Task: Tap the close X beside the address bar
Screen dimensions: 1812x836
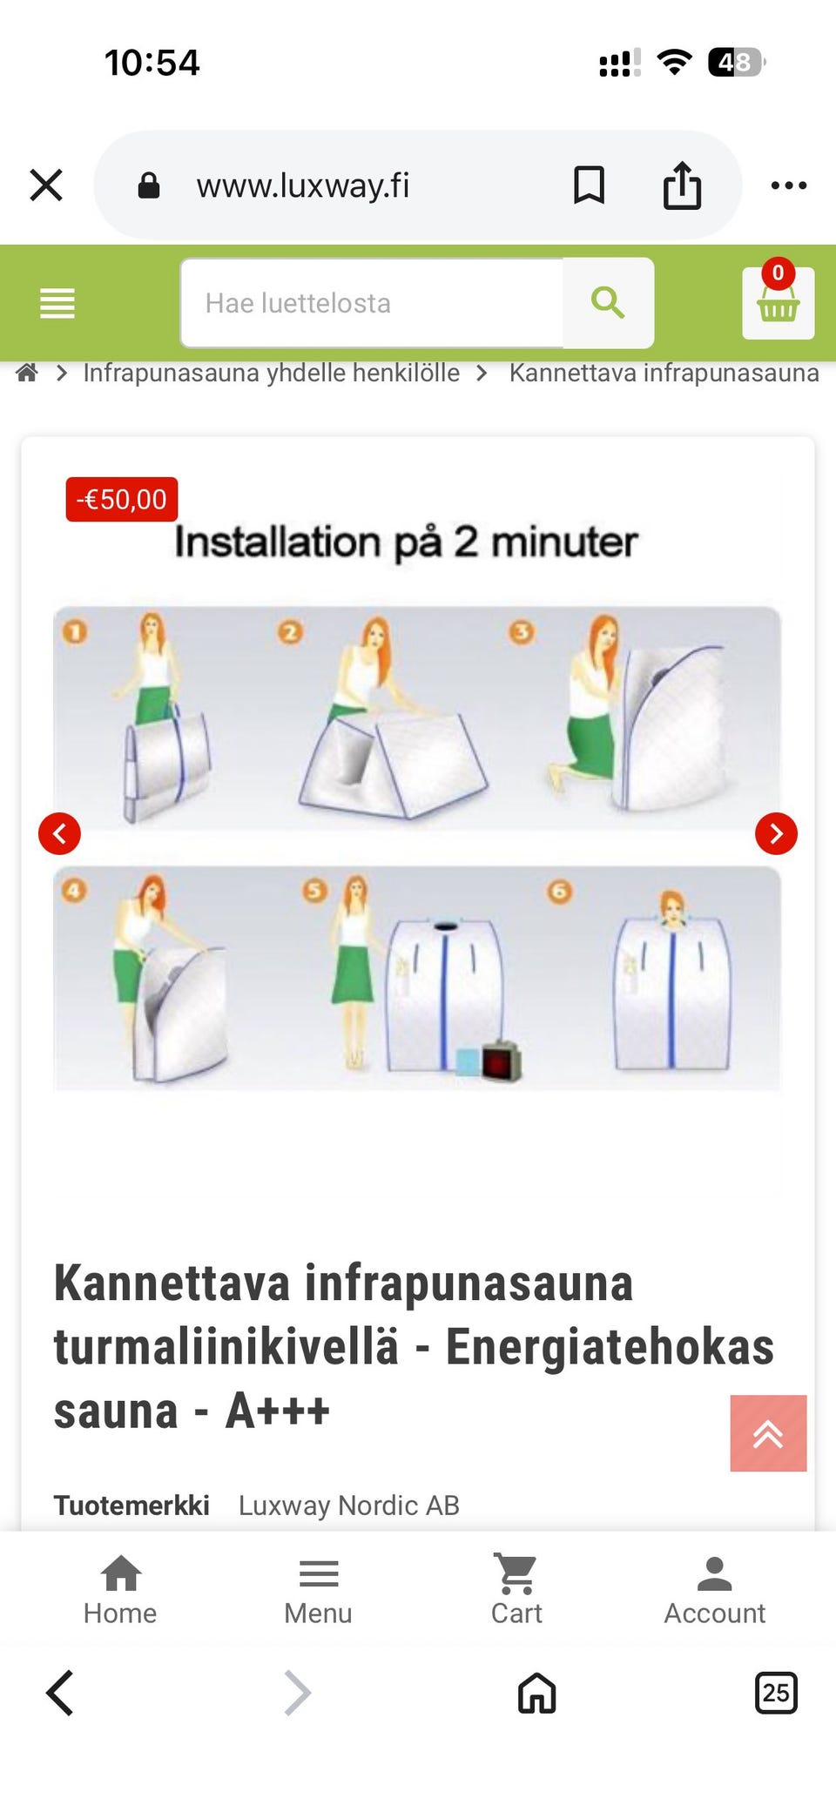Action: (x=46, y=185)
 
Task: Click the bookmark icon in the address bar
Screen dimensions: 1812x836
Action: (x=589, y=185)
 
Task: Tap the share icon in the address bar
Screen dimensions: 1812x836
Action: (x=682, y=185)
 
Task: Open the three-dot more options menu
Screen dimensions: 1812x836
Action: (x=789, y=185)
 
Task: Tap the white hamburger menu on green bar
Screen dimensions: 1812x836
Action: (x=57, y=303)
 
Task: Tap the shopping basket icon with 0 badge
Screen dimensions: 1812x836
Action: (x=778, y=302)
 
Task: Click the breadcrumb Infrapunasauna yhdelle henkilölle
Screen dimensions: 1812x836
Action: (x=271, y=374)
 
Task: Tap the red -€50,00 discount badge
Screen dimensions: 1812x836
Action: (x=122, y=500)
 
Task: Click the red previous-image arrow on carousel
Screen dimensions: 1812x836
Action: (x=59, y=833)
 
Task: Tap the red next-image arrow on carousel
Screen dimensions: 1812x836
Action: (x=776, y=833)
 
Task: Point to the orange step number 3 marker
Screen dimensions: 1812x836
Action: (x=522, y=632)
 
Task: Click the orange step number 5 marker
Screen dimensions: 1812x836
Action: (x=315, y=890)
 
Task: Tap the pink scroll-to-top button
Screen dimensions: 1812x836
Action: (x=768, y=1433)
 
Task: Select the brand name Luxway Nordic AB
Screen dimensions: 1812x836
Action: (x=348, y=1506)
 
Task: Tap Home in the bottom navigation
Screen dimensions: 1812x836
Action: (x=120, y=1590)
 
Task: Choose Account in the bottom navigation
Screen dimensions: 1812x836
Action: (x=714, y=1590)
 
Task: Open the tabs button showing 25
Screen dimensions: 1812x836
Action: (x=775, y=1693)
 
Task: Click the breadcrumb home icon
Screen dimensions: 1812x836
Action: (x=28, y=374)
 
